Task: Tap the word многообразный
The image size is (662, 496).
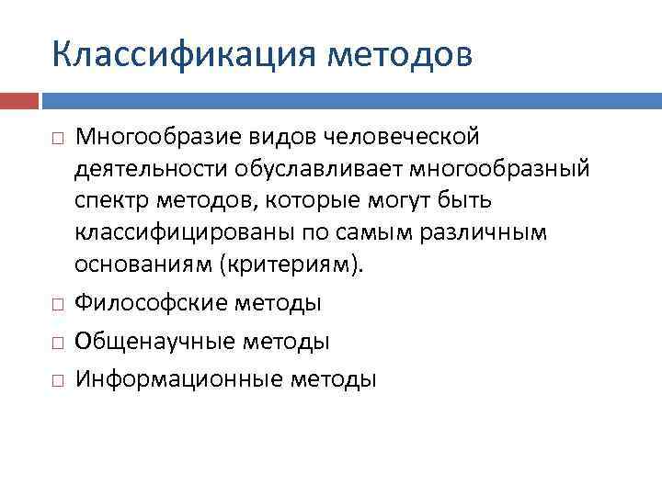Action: point(498,169)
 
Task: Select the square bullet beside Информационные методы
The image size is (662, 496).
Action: point(58,379)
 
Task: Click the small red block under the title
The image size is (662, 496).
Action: point(19,99)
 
